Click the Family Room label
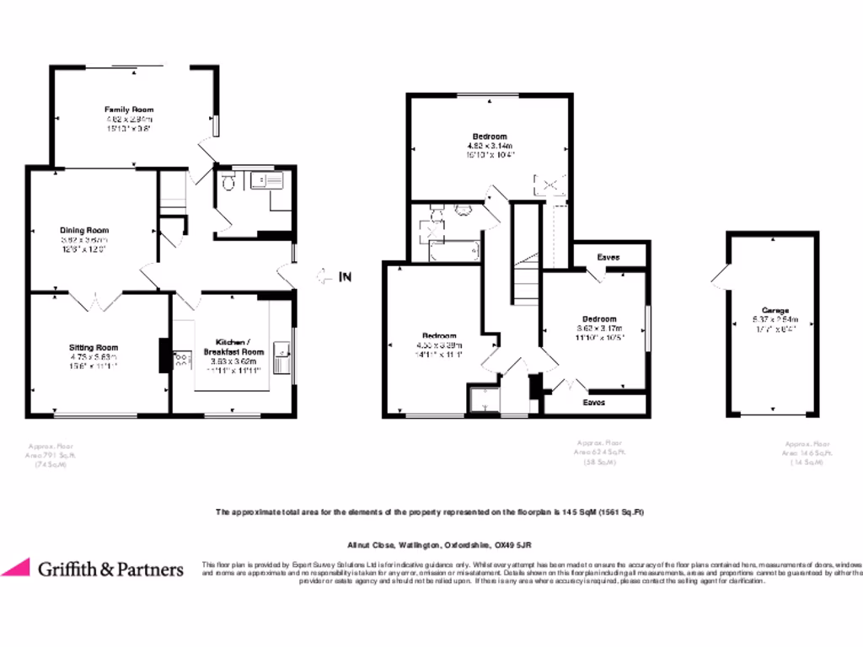pos(129,110)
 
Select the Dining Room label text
pos(83,230)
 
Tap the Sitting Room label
pos(93,347)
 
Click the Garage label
pos(775,310)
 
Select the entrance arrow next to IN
pos(324,275)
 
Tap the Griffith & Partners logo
pos(93,569)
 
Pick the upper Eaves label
pos(608,256)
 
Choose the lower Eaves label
pos(594,403)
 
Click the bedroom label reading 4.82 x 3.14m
pos(489,136)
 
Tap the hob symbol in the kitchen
pos(180,361)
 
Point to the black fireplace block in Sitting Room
pos(163,355)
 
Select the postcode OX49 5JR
pos(512,545)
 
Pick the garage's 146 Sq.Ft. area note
pos(807,453)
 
